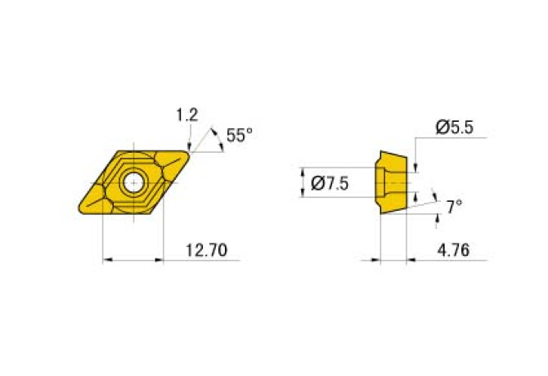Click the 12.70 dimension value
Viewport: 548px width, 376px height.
200,251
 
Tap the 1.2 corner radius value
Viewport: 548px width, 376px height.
186,116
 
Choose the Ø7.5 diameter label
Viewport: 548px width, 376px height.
330,184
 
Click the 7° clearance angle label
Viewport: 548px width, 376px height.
454,208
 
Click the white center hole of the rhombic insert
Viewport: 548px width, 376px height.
131,182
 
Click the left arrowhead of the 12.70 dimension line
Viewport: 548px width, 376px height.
107,262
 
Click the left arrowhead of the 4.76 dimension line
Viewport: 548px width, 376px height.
376,262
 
